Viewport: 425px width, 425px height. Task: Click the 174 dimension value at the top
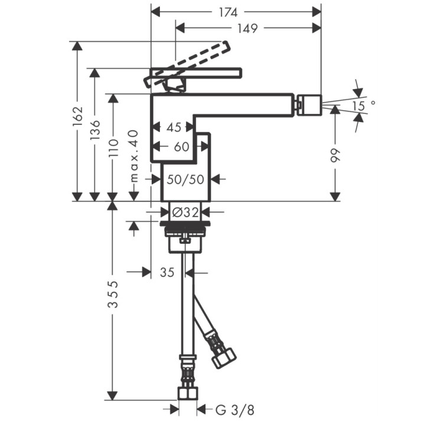coord(228,12)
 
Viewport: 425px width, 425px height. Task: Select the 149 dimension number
coord(247,28)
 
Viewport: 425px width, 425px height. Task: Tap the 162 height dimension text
coord(77,116)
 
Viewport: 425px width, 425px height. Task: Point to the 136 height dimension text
coord(95,130)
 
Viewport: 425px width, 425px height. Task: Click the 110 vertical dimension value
coord(113,148)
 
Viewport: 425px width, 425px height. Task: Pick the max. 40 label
coord(134,156)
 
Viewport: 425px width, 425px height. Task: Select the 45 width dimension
coord(174,127)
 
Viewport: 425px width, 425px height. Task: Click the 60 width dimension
coord(181,146)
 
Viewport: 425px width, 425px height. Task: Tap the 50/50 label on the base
coord(185,179)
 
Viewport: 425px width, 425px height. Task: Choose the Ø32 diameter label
coord(185,212)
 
